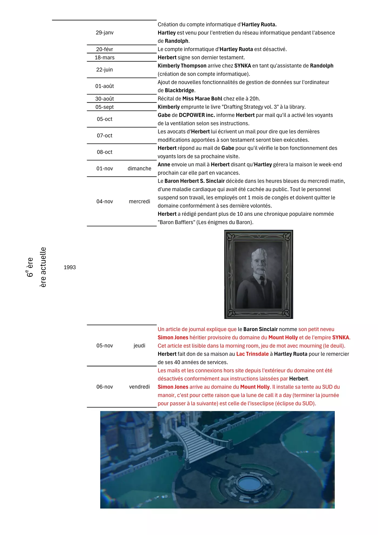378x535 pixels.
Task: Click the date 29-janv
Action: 105,33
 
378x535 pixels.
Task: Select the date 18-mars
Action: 105,58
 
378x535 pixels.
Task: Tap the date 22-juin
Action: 105,70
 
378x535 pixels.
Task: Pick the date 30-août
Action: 105,99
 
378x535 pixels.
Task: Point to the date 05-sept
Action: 105,107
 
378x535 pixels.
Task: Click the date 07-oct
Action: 105,136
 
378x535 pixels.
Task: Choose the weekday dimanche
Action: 139,169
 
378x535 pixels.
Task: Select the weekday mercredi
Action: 139,201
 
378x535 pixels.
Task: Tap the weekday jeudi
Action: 139,346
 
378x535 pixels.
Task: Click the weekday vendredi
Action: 139,387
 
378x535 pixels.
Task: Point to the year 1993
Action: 70,267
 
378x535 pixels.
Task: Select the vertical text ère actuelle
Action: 43,267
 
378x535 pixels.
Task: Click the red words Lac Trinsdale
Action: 252,354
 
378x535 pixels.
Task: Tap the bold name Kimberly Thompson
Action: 182,66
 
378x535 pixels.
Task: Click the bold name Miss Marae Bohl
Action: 202,99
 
